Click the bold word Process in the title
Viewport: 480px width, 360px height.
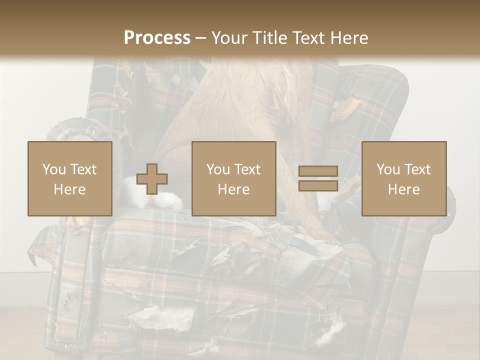[x=157, y=37]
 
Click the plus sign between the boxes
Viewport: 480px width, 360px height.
[x=152, y=179]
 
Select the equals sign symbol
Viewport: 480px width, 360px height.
[x=318, y=178]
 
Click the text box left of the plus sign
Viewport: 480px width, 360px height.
[x=70, y=178]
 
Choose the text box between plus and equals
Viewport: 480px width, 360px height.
[x=233, y=178]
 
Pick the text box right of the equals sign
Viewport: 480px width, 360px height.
[x=404, y=178]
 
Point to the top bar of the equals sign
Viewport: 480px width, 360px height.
[x=318, y=171]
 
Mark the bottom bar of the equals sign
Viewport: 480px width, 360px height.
[x=318, y=185]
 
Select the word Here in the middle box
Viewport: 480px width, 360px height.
[x=233, y=189]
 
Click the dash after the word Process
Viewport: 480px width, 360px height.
[x=201, y=38]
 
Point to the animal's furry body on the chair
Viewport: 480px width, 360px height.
[x=235, y=110]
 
